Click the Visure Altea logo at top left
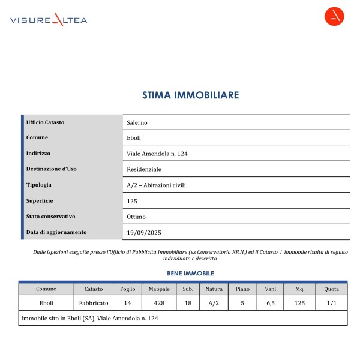tap(49, 20)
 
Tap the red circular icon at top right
tap(334, 17)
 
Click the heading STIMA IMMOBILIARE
tap(191, 95)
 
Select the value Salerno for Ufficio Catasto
tap(137, 122)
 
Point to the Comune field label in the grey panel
tap(37, 138)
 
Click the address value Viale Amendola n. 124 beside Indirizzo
tap(158, 154)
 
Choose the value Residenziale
tap(144, 169)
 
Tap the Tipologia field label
tap(39, 185)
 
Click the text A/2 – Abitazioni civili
tap(157, 185)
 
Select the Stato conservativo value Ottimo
tap(136, 217)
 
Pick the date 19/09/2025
tap(144, 232)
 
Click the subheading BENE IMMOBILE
tap(190, 273)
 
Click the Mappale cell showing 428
tap(159, 304)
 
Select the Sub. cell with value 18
tap(188, 304)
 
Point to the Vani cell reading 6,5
tap(270, 304)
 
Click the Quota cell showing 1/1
tap(332, 304)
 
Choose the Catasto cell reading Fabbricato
tap(94, 304)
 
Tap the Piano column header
tap(242, 289)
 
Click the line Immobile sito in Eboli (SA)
tap(89, 318)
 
